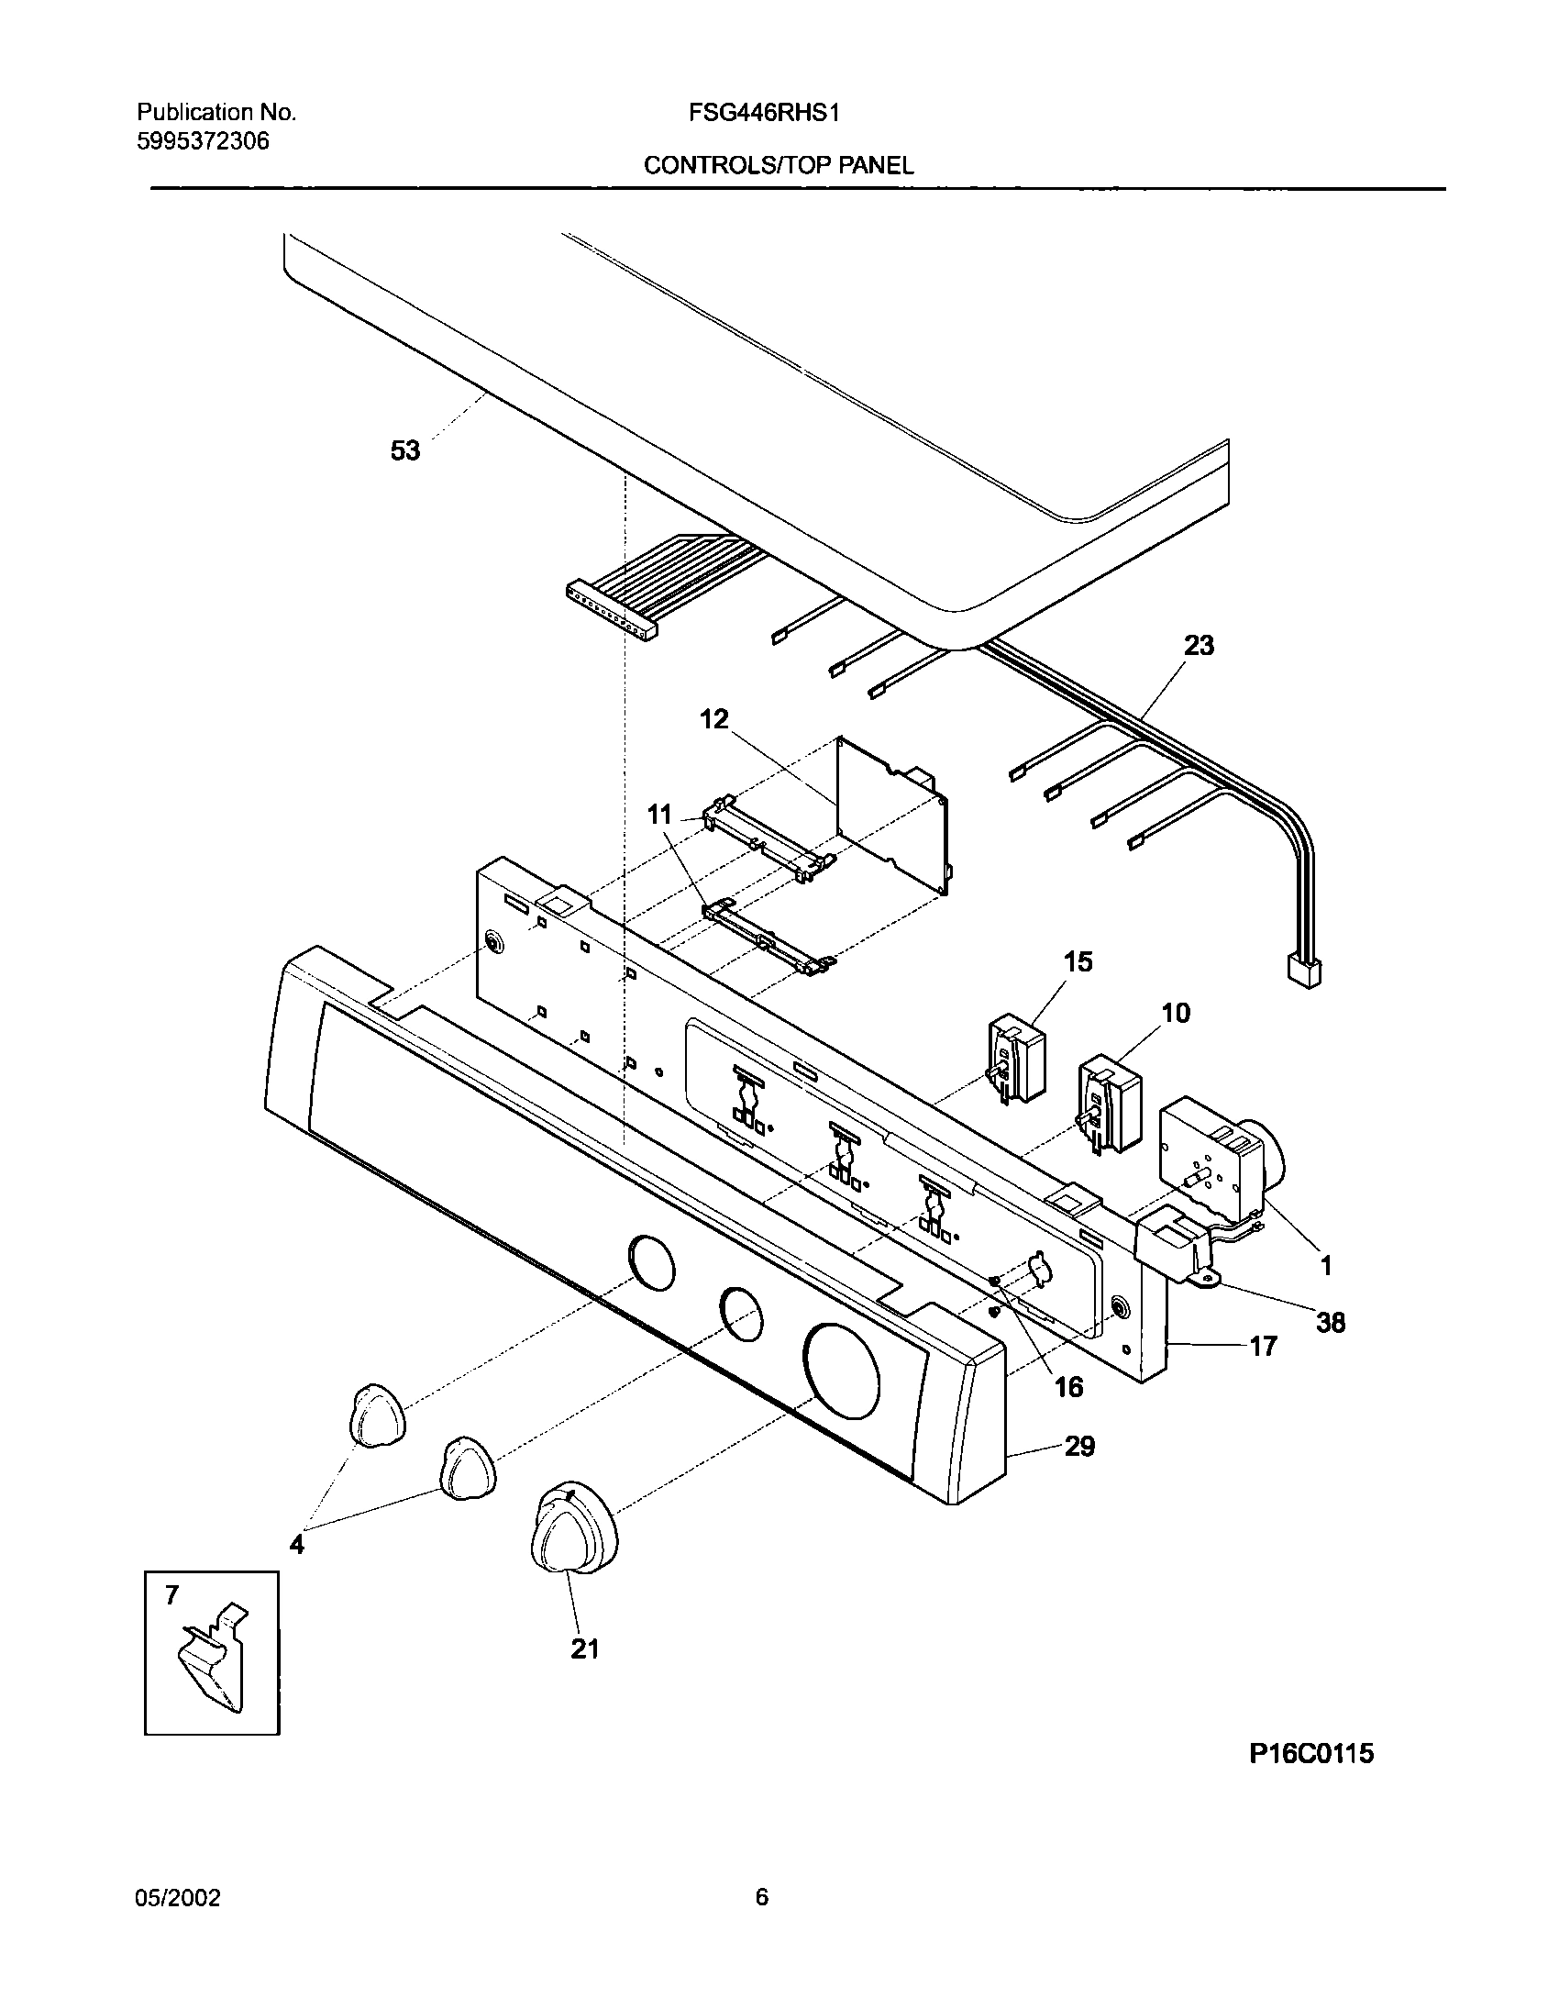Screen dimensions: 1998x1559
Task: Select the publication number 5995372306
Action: coord(203,141)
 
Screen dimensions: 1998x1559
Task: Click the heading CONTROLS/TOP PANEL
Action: coord(778,165)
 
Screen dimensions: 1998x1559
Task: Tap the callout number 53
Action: coord(404,450)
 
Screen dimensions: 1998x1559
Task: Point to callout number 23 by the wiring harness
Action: coord(1199,646)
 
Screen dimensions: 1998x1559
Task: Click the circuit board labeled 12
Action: coord(894,815)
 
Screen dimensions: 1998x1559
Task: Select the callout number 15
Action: coord(1078,962)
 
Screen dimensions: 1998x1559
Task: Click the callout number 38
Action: coord(1330,1322)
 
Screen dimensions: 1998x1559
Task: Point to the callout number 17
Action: coord(1263,1347)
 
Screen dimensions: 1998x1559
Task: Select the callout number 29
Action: coord(1079,1447)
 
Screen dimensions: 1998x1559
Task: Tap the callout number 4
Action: coord(296,1546)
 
